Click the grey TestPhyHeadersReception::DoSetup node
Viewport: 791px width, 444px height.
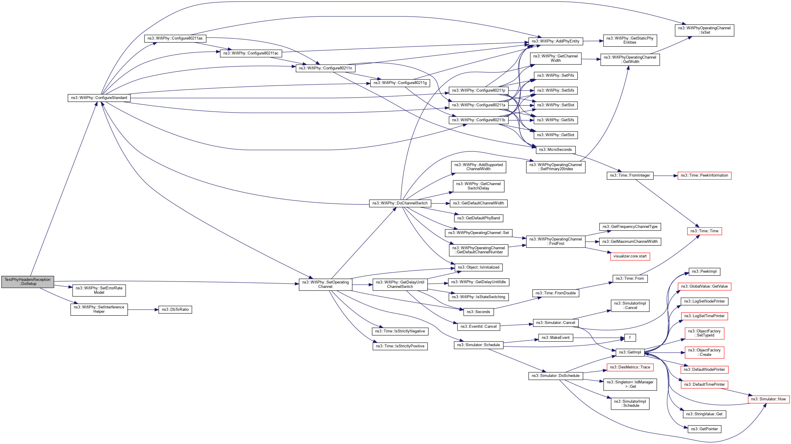[x=28, y=281]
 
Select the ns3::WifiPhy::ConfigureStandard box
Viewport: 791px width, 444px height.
[x=99, y=98]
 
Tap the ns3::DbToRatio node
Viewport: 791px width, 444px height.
[x=175, y=310]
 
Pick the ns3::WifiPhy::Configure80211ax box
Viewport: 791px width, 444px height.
[x=175, y=38]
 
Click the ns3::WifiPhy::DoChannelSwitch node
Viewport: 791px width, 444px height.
[x=400, y=203]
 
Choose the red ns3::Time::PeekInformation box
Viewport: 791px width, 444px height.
[x=704, y=176]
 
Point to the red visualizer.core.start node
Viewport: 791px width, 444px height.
[x=630, y=256]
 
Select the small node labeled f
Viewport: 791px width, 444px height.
[x=630, y=338]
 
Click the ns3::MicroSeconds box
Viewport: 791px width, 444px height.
[x=555, y=150]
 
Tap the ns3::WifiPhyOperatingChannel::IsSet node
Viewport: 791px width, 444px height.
[x=704, y=30]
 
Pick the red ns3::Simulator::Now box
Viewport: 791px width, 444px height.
[x=768, y=399]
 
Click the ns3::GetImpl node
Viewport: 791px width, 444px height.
[x=630, y=353]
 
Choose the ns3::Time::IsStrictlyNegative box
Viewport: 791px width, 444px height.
[x=400, y=331]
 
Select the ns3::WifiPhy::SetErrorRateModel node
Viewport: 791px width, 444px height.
[x=99, y=290]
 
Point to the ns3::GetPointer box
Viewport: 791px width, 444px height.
[x=704, y=429]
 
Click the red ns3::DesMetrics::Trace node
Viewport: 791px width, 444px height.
[x=630, y=367]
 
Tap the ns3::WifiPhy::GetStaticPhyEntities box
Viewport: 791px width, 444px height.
[x=630, y=40]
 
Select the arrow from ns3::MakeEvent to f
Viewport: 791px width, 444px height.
[x=599, y=338]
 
